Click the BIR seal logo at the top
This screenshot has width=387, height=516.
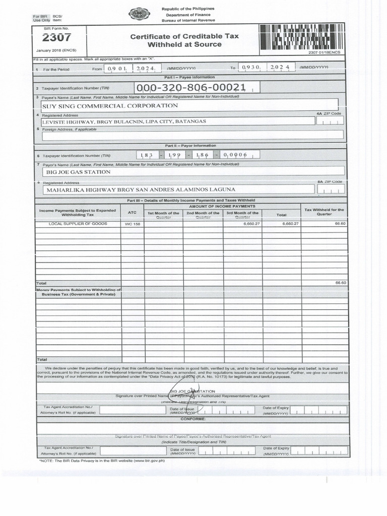139,14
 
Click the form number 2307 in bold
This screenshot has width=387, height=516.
56,38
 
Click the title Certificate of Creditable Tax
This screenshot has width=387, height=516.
184,36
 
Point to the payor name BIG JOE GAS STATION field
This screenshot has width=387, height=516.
78,172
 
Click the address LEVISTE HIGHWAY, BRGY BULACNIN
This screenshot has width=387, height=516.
124,121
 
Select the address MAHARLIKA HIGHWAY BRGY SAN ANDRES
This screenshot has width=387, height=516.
141,190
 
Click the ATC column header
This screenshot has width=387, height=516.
133,212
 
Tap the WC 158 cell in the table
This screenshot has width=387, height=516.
133,224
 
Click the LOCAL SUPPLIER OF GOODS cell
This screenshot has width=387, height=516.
78,223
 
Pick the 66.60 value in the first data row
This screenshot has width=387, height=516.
340,223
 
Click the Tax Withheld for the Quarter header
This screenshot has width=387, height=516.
324,212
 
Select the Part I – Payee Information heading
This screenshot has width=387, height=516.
189,77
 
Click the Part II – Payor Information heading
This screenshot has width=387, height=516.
189,145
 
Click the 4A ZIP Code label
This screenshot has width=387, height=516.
329,113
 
